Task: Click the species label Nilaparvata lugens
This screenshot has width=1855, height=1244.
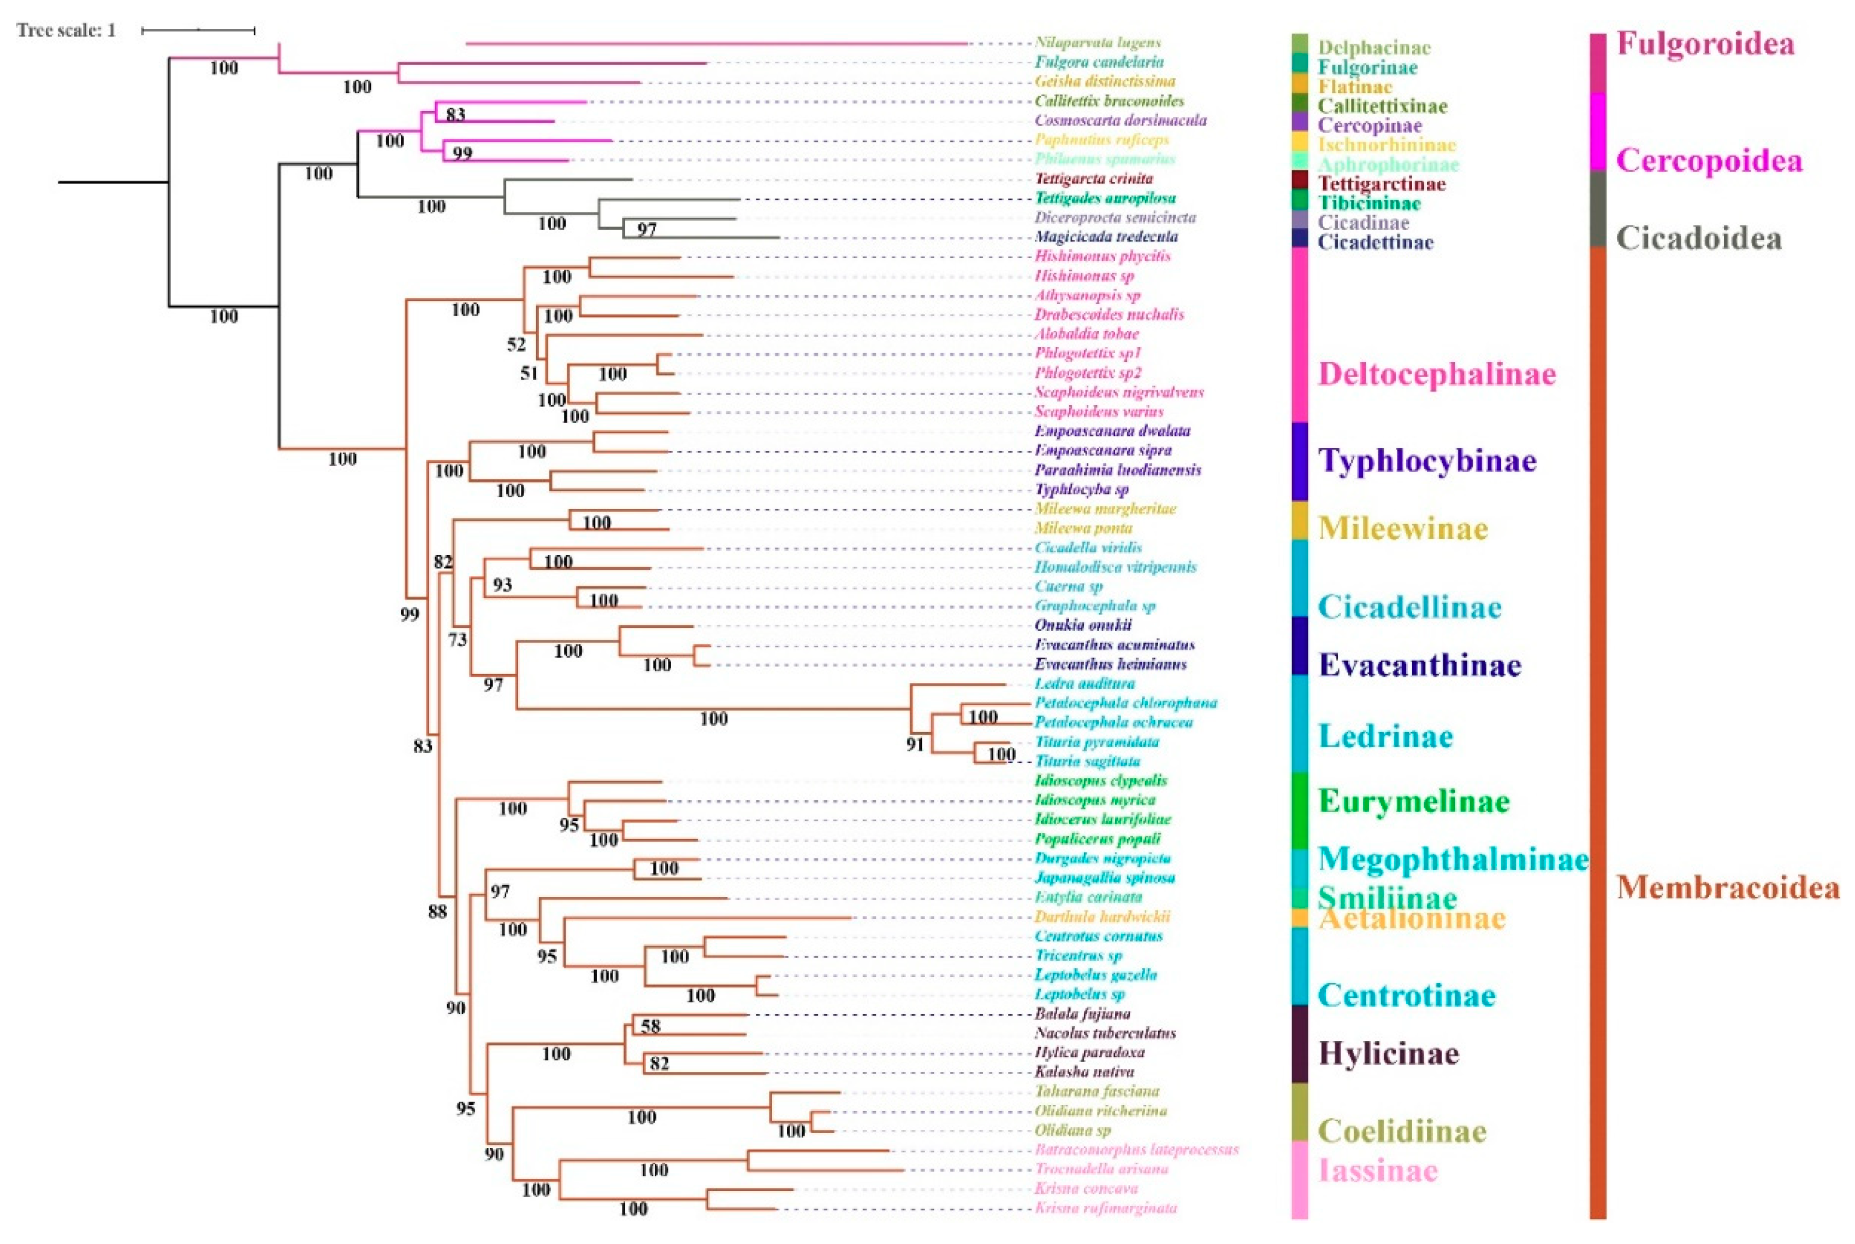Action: pos(1097,43)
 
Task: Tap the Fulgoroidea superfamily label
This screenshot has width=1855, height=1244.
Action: pos(1705,44)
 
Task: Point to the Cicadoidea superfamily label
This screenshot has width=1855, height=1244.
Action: pos(1699,238)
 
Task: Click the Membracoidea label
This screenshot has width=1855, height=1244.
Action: pos(1728,887)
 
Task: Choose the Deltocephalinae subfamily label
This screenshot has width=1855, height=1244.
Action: pos(1437,374)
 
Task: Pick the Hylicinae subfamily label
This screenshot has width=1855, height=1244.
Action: pos(1388,1053)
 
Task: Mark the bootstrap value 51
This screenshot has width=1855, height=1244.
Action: pos(529,373)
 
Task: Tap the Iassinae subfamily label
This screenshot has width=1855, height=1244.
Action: pos(1377,1171)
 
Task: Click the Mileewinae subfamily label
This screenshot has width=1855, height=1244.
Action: pos(1402,528)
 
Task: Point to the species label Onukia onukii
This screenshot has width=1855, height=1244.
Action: pos(1083,625)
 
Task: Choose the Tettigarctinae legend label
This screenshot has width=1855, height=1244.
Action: pos(1381,184)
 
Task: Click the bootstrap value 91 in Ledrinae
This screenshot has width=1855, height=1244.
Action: pos(915,744)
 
